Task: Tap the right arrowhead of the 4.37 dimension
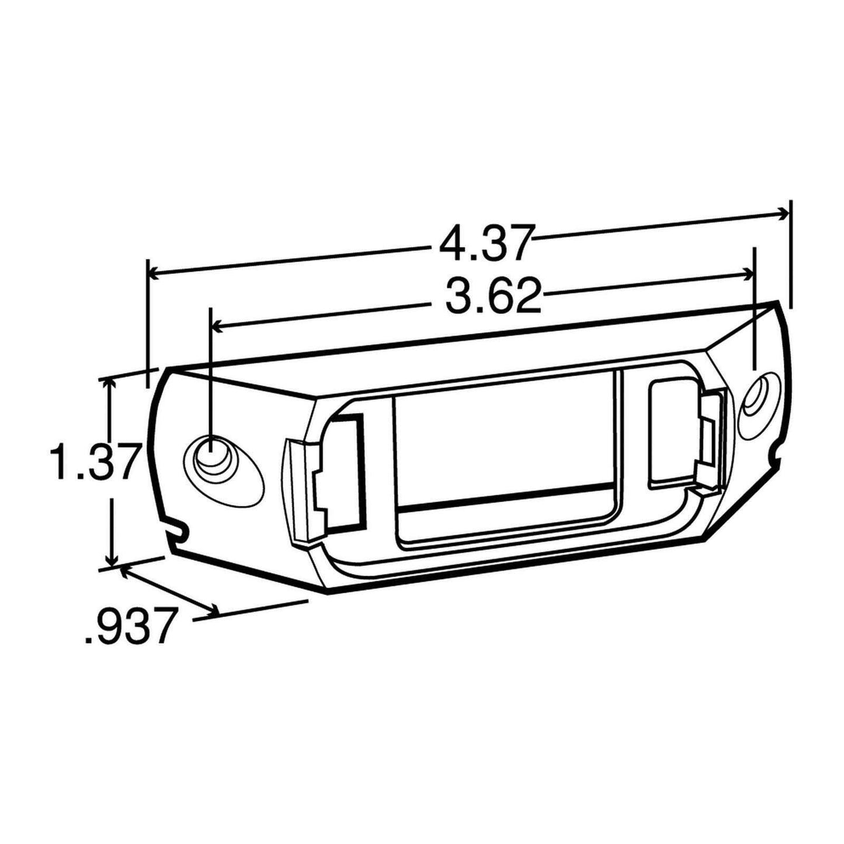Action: pos(783,214)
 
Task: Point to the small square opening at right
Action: pos(671,432)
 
